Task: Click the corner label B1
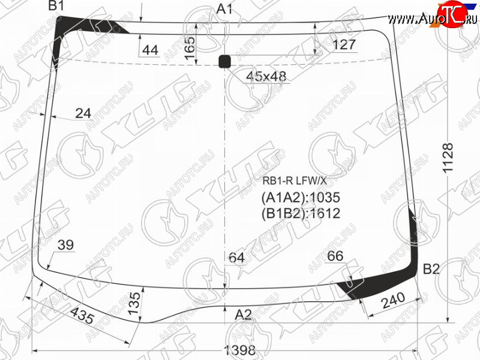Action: tap(56, 5)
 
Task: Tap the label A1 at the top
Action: tap(224, 9)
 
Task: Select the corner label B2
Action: tap(431, 269)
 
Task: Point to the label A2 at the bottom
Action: tap(244, 314)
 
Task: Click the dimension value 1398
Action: tap(240, 350)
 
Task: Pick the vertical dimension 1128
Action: tap(448, 158)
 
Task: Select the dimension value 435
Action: tap(82, 316)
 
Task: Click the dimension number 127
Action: tap(344, 44)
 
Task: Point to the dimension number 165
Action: tap(190, 48)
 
